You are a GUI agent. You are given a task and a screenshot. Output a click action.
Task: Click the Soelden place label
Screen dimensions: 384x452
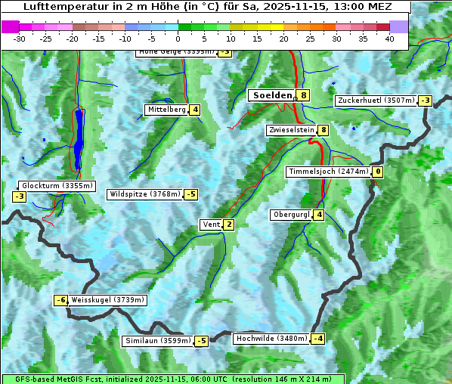pyautogui.click(x=272, y=95)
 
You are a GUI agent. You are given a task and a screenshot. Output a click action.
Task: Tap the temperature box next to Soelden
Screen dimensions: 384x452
pyautogui.click(x=303, y=95)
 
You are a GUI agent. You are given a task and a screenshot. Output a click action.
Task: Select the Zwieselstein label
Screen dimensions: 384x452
pyautogui.click(x=291, y=130)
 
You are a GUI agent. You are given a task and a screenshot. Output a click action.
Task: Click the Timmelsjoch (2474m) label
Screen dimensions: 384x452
pyautogui.click(x=329, y=172)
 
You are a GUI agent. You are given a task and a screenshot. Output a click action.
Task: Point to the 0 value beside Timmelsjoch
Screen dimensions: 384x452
pyautogui.click(x=378, y=172)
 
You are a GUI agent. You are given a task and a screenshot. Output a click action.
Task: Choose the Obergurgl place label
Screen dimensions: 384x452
pyautogui.click(x=291, y=215)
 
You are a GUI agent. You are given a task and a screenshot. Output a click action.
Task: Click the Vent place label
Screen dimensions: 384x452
pyautogui.click(x=211, y=225)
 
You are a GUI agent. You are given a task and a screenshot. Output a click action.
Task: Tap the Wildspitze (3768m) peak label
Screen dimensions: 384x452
pyautogui.click(x=145, y=194)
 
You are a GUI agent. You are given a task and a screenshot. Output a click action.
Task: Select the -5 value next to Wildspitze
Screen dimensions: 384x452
pyautogui.click(x=191, y=194)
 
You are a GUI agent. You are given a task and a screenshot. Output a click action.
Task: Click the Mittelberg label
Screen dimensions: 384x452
pyautogui.click(x=166, y=110)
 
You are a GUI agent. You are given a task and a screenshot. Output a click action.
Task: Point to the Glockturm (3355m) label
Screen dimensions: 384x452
pyautogui.click(x=57, y=186)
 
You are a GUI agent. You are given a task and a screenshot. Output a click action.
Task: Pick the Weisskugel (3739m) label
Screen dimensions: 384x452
pyautogui.click(x=107, y=300)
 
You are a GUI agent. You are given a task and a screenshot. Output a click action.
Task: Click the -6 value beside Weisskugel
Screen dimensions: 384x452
pyautogui.click(x=60, y=300)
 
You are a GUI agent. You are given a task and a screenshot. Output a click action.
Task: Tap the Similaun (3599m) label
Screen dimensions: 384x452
pyautogui.click(x=157, y=341)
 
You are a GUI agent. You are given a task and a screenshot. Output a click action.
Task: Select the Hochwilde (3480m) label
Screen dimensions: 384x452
pyautogui.click(x=271, y=339)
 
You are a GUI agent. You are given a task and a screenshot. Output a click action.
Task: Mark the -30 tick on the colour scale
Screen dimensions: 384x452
pyautogui.click(x=20, y=38)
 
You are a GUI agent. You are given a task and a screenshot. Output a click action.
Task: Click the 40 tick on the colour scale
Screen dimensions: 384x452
pyautogui.click(x=389, y=38)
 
